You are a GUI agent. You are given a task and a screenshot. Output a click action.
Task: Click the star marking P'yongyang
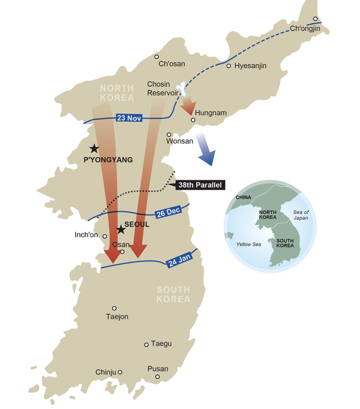pyautogui.click(x=94, y=149)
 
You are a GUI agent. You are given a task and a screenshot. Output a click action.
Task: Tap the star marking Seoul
pyautogui.click(x=121, y=230)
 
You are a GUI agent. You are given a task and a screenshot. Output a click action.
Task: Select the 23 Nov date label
pyautogui.click(x=129, y=118)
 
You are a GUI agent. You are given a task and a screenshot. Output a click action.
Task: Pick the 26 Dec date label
pyautogui.click(x=168, y=212)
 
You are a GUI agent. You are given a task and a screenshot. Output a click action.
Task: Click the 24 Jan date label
pyautogui.click(x=180, y=260)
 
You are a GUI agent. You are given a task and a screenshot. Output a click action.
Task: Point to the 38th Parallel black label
pyautogui.click(x=200, y=185)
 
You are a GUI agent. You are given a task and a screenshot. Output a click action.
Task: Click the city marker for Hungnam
pyautogui.click(x=193, y=120)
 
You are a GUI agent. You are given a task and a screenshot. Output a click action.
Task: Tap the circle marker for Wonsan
pyautogui.click(x=169, y=134)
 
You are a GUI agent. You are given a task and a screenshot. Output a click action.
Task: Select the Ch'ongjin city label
pyautogui.click(x=305, y=28)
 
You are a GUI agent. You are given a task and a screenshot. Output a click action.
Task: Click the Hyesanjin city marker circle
pyautogui.click(x=229, y=66)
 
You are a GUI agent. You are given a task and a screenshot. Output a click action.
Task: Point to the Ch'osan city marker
pyautogui.click(x=156, y=57)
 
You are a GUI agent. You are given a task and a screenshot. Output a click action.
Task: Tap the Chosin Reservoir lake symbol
pyautogui.click(x=181, y=89)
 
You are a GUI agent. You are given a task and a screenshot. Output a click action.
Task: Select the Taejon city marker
pyautogui.click(x=114, y=308)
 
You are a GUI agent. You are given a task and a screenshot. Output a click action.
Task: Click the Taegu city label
pyautogui.click(x=161, y=344)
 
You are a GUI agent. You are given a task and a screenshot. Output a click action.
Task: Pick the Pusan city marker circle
pyautogui.click(x=157, y=377)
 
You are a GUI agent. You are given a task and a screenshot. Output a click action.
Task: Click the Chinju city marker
pyautogui.click(x=120, y=372)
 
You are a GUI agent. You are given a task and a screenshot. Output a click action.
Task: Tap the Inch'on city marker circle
pyautogui.click(x=105, y=236)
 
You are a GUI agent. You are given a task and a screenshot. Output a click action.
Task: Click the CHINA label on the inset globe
pyautogui.click(x=243, y=197)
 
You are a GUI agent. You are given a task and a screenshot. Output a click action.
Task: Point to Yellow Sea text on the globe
pyautogui.click(x=249, y=245)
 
